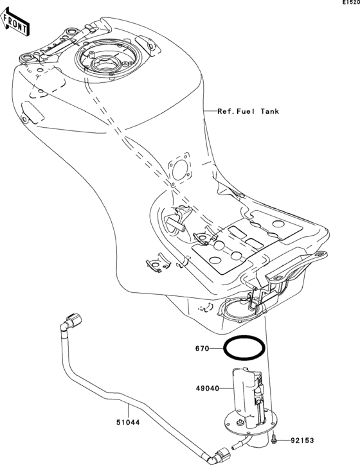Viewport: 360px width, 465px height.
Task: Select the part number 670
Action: [x=204, y=351]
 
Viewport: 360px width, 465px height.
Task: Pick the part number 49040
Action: [x=207, y=388]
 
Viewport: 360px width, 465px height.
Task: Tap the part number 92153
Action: [x=303, y=441]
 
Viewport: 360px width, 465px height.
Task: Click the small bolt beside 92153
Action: [x=276, y=440]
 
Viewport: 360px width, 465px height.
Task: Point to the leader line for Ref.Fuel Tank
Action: [x=208, y=111]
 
